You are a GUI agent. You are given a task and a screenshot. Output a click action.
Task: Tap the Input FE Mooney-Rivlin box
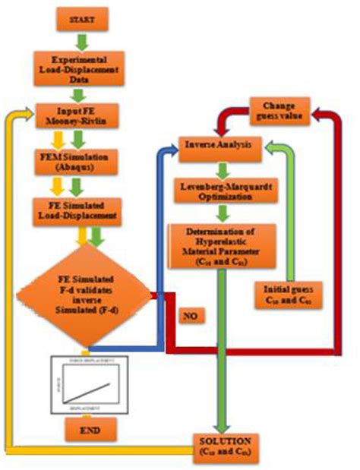click(82, 115)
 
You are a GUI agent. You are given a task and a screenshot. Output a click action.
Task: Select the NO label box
click(192, 314)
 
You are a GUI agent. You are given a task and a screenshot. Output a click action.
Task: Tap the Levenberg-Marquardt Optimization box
click(219, 191)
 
